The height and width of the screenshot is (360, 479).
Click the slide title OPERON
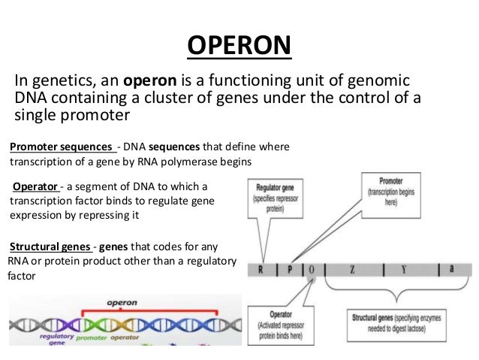point(239,46)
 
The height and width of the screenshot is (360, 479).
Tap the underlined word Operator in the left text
point(35,186)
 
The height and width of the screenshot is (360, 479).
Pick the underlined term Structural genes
point(50,247)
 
